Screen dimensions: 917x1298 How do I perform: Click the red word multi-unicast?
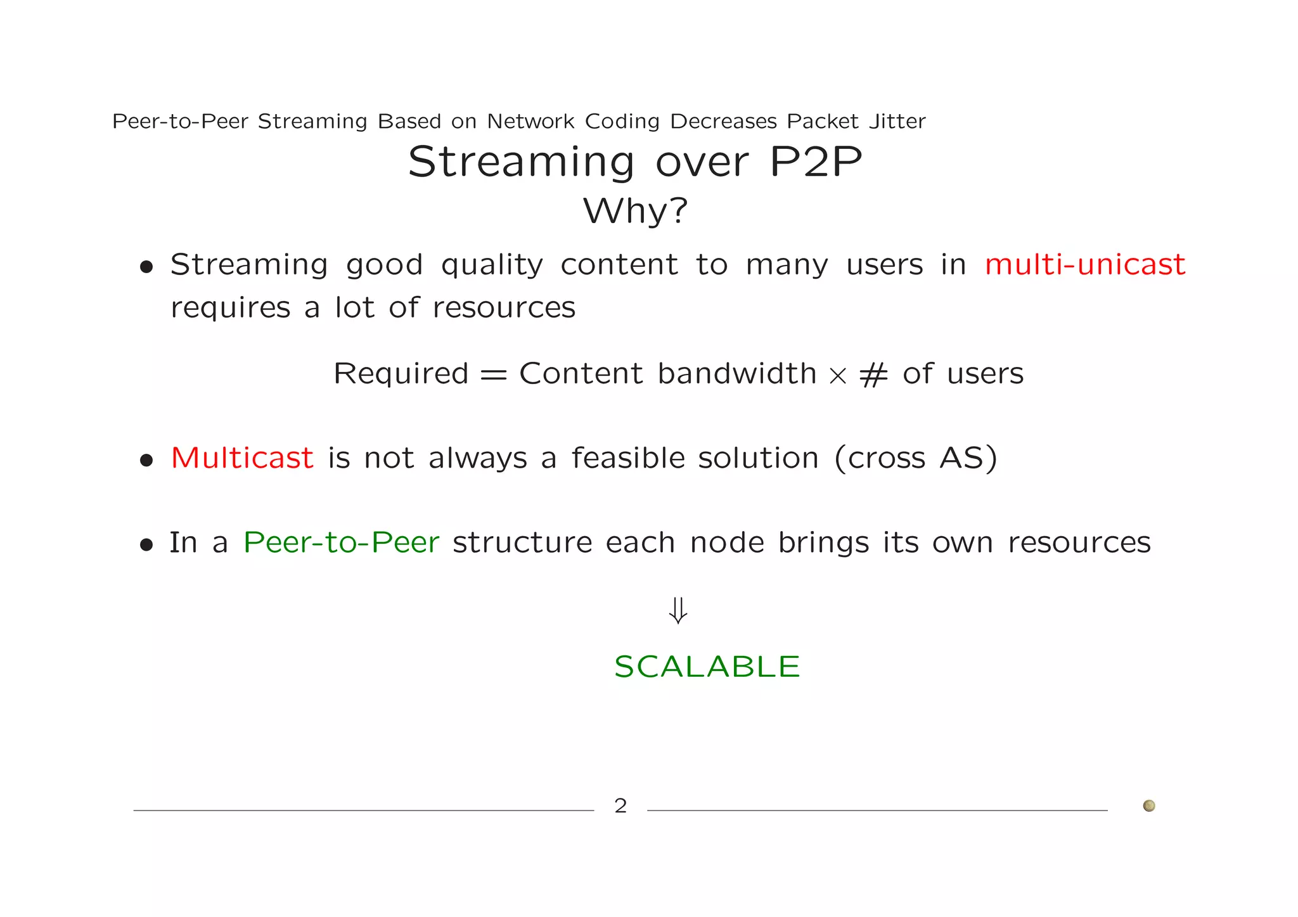pos(1084,264)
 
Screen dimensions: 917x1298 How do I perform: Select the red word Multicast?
pos(242,458)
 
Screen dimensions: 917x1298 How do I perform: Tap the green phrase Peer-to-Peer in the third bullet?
pos(341,542)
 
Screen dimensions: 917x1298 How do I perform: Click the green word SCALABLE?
pos(707,667)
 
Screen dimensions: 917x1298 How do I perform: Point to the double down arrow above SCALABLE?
pos(678,610)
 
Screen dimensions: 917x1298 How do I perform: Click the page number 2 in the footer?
pos(620,806)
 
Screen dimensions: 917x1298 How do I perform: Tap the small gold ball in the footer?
pos(1148,805)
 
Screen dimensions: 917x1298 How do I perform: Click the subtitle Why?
pos(635,211)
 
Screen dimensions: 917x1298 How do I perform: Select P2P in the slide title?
pos(815,162)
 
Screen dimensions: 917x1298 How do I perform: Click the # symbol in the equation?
pos(873,375)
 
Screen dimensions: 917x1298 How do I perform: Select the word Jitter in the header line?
pos(897,121)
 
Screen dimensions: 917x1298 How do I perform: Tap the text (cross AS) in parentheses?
pos(915,458)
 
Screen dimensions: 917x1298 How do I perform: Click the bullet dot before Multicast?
pos(146,460)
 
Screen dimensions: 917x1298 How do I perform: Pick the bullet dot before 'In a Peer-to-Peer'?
pos(146,544)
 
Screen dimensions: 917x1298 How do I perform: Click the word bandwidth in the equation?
pos(736,373)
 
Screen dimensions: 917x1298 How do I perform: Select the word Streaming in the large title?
pos(521,162)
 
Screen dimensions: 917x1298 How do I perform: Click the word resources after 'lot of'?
pos(504,308)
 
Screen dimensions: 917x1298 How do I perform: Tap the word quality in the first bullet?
pos(492,266)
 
